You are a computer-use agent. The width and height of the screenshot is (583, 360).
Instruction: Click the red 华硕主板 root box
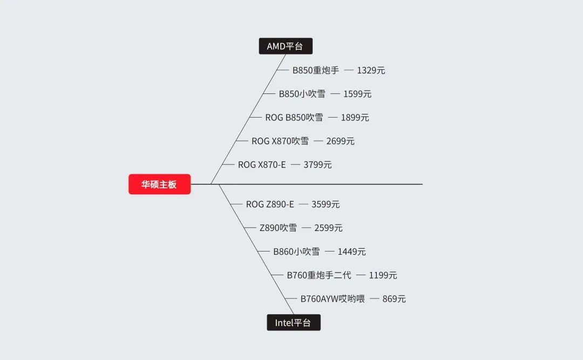coord(159,184)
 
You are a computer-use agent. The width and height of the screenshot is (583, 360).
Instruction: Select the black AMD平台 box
coord(286,46)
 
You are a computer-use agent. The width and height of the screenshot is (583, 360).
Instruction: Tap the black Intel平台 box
coord(294,322)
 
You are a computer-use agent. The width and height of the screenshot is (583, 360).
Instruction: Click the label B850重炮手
coord(316,70)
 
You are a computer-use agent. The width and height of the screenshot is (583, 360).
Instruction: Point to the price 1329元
coord(371,70)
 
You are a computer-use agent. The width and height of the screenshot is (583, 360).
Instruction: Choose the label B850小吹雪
coord(302,94)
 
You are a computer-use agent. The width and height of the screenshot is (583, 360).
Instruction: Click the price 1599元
coord(357,94)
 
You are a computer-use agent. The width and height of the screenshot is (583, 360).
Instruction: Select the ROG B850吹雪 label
coord(294,118)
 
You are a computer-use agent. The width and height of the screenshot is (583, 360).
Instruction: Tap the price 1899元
coord(355,118)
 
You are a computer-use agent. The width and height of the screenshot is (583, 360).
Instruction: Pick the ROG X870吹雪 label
coord(280,141)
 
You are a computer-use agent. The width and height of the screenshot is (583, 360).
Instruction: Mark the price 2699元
coord(341,141)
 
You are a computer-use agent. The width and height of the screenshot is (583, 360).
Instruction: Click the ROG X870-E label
coord(262,165)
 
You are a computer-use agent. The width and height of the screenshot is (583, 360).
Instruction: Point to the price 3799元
coord(317,165)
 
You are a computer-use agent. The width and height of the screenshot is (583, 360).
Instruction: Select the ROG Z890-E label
coord(270,204)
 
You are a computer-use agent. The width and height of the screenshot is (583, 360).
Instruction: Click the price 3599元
coord(326,204)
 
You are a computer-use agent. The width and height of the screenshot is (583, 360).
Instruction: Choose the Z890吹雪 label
coord(278,228)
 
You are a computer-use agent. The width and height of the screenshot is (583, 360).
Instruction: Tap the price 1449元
coord(352,252)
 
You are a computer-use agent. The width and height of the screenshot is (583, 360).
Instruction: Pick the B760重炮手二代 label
coord(319,275)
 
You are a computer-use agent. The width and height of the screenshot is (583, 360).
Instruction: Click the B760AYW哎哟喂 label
coord(333,298)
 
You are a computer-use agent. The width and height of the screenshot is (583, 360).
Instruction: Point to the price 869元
coord(394,298)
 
